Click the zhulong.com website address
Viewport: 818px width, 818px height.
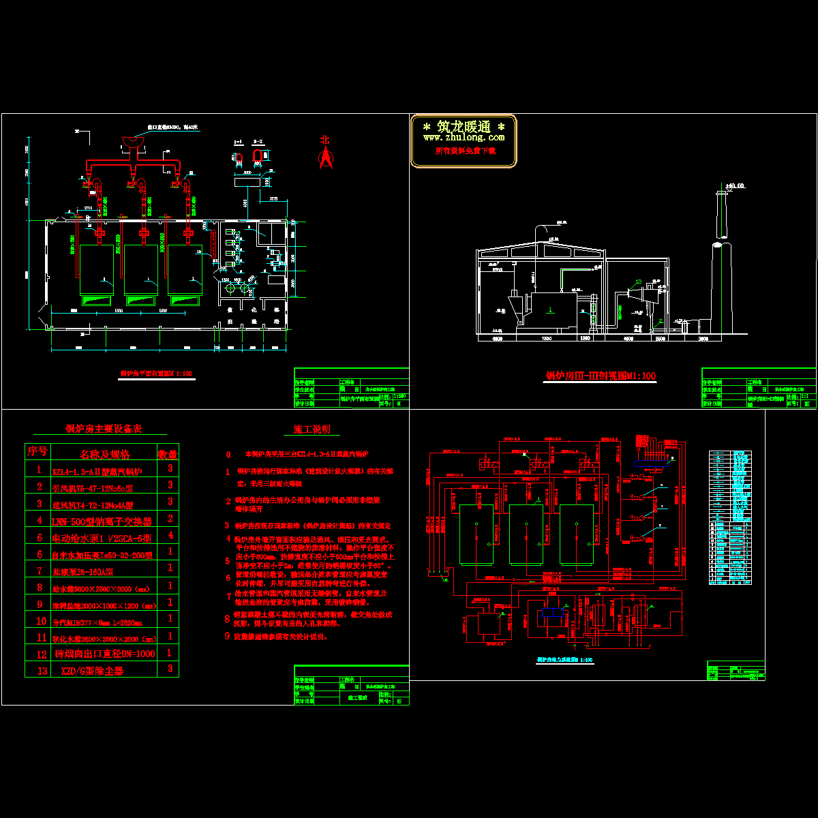(464, 138)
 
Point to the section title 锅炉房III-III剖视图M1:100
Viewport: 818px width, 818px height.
(601, 376)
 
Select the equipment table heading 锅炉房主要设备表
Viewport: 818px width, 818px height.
(104, 429)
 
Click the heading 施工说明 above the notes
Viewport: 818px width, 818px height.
(312, 429)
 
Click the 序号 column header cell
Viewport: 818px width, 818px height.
(37, 452)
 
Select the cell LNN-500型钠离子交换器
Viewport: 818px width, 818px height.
(102, 520)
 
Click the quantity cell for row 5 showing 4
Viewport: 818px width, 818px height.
(170, 536)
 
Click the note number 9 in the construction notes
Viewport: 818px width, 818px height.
(228, 636)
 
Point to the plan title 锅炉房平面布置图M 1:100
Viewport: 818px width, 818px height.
(157, 374)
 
